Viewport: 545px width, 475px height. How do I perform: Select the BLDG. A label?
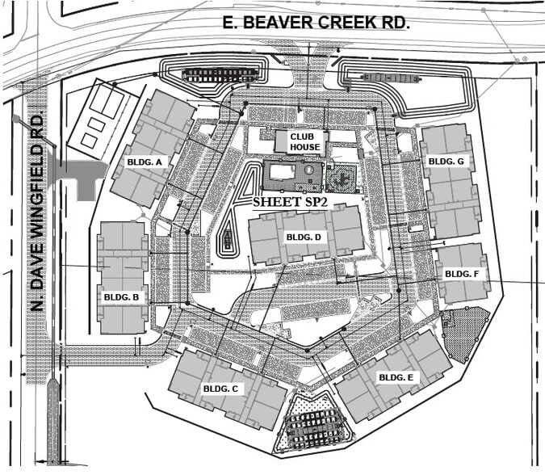tap(145, 162)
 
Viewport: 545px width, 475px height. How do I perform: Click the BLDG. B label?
tap(120, 296)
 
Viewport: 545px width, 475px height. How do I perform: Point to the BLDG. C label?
tap(220, 389)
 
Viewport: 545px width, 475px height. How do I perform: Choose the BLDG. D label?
tap(304, 237)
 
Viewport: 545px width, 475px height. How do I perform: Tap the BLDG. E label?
tap(396, 377)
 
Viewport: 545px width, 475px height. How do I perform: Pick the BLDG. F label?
tap(462, 274)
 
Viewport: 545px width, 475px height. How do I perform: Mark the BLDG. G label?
tap(446, 162)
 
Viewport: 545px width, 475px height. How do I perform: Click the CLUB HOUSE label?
tap(306, 141)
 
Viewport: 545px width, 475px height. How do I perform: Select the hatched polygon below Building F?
tap(467, 331)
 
